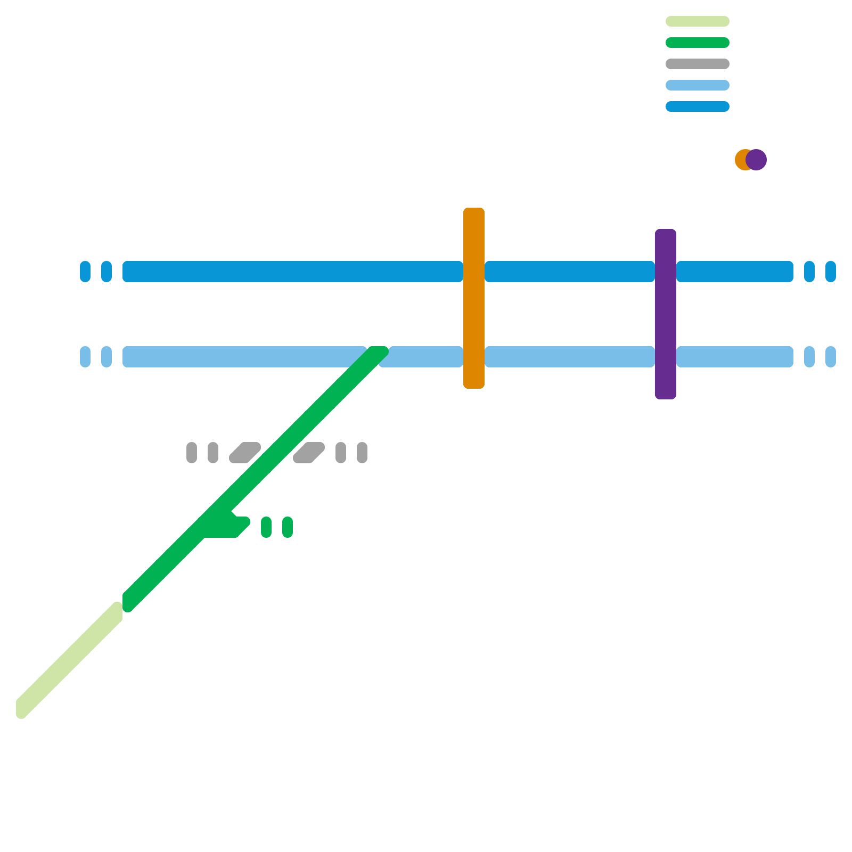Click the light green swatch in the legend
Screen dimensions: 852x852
point(697,21)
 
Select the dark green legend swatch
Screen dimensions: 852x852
point(697,43)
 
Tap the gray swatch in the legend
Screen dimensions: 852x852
point(697,64)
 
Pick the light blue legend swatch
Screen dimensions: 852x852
point(697,85)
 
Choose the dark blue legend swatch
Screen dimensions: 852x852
point(697,106)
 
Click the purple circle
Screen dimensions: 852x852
point(757,160)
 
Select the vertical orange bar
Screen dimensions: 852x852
point(474,298)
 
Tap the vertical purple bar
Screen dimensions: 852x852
point(666,314)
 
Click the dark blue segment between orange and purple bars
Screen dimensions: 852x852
point(570,272)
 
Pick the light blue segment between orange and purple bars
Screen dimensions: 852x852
point(570,357)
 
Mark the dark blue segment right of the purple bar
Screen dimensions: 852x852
point(735,272)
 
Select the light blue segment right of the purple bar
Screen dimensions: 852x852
point(735,357)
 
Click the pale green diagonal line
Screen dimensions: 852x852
point(69,660)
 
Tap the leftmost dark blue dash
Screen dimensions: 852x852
point(85,272)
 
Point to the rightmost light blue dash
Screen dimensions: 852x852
point(831,357)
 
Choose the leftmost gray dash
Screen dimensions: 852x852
point(192,453)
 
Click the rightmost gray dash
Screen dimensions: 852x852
point(362,453)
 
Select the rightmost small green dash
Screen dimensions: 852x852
point(288,527)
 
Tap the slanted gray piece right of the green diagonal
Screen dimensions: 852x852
point(309,453)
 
